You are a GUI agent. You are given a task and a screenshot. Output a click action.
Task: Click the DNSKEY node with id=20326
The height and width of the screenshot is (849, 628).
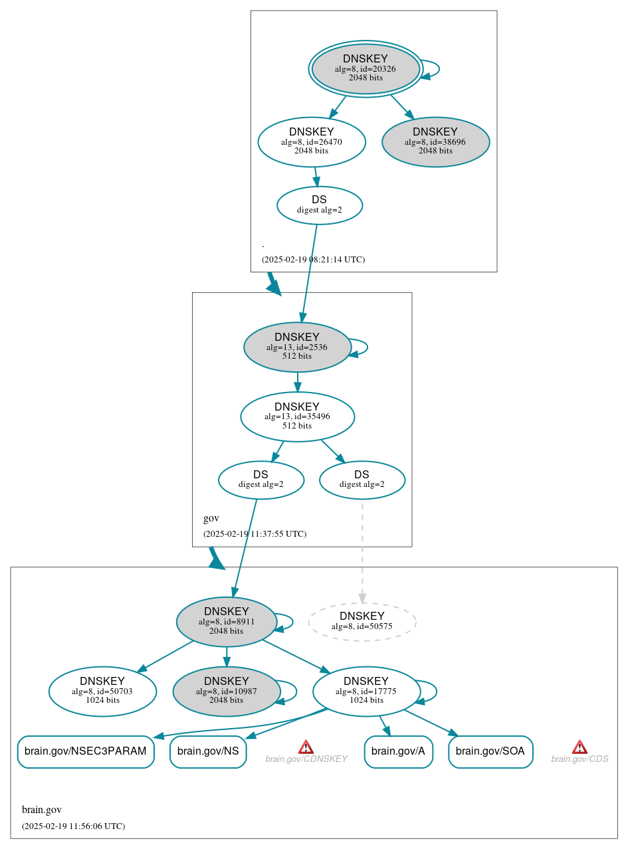[366, 68]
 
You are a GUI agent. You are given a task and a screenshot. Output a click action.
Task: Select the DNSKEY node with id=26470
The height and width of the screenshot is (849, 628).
[312, 141]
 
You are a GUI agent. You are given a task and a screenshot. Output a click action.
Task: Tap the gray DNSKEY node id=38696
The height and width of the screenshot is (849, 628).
[435, 141]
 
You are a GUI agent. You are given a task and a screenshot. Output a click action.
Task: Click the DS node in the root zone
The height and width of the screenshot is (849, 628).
[319, 205]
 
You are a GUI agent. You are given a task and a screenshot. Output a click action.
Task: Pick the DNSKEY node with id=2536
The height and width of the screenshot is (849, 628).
[297, 347]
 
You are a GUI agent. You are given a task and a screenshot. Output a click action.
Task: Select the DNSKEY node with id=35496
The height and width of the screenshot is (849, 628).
[297, 417]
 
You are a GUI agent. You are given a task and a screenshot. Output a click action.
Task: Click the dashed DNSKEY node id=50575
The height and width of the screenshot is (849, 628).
[362, 622]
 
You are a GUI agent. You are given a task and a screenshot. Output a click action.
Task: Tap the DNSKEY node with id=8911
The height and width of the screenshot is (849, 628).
[227, 622]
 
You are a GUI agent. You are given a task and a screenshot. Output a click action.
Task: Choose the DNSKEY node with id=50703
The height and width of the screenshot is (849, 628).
[102, 692]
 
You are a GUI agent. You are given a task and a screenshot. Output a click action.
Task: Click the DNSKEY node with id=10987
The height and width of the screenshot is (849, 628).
[227, 692]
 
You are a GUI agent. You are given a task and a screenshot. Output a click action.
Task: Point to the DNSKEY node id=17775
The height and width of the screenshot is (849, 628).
[366, 692]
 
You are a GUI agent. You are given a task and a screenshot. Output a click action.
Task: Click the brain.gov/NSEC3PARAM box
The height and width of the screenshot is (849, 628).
[86, 751]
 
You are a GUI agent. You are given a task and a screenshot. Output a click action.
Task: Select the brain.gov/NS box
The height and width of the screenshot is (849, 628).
[208, 751]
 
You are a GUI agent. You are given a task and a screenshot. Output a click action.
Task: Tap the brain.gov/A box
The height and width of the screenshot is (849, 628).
[398, 751]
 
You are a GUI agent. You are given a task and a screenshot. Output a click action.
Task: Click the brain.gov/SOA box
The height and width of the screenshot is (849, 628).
[490, 751]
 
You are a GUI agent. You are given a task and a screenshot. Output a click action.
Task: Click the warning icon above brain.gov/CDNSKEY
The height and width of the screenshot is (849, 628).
[306, 747]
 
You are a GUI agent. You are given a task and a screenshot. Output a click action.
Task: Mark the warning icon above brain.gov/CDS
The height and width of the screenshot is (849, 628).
[579, 747]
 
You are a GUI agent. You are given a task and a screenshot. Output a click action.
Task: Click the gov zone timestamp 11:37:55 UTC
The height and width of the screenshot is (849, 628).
[255, 533]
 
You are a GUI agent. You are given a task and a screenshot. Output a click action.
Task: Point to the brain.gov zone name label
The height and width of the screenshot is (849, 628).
[42, 810]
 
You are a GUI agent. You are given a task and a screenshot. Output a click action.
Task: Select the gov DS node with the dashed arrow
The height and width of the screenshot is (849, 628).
[362, 480]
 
